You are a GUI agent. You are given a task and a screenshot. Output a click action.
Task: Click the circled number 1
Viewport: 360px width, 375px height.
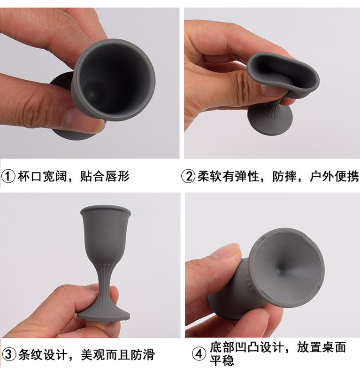click(x=9, y=177)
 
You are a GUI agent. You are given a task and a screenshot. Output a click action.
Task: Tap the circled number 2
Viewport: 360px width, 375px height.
click(x=188, y=177)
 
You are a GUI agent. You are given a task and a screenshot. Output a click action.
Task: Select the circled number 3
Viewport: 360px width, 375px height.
click(x=9, y=355)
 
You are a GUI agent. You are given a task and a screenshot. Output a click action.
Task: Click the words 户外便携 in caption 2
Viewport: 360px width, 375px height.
click(x=335, y=177)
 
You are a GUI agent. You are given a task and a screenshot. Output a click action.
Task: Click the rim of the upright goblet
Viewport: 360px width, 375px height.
click(x=105, y=209)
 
